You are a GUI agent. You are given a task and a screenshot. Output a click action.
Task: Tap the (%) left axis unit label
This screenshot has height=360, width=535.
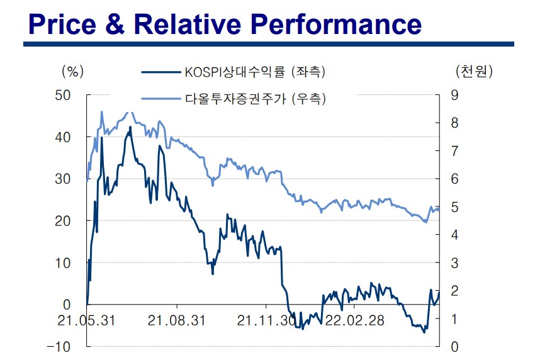click(x=72, y=71)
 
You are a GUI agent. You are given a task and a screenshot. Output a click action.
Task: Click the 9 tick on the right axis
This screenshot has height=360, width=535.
click(x=455, y=95)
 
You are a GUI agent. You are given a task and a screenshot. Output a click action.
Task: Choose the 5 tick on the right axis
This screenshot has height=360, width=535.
click(x=455, y=207)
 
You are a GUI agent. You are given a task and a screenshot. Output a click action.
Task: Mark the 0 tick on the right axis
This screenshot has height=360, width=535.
click(x=455, y=347)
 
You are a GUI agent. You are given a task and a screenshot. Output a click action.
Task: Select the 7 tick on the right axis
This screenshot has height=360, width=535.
click(x=455, y=151)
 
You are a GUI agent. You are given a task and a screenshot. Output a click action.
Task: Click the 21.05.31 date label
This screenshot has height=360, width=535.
click(x=86, y=320)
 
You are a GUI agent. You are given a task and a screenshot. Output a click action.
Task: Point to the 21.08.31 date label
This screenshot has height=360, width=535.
click(x=177, y=320)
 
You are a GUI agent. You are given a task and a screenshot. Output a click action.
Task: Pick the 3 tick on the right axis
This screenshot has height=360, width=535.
click(x=455, y=263)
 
